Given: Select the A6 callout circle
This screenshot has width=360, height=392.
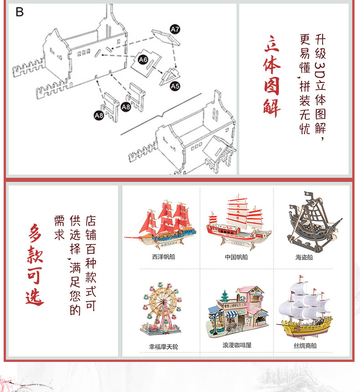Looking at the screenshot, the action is [143, 60].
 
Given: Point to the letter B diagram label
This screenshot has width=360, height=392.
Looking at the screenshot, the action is [19, 12].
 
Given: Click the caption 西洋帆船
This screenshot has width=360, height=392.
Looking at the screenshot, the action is [164, 257].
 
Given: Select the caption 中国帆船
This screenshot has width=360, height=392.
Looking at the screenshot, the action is [236, 257].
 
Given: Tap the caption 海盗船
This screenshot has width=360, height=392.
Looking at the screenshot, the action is [304, 257].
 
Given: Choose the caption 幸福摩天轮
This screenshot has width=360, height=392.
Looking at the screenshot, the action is [163, 347].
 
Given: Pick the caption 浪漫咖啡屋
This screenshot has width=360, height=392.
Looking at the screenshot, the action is [237, 345].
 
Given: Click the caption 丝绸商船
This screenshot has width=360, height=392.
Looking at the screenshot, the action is [305, 346].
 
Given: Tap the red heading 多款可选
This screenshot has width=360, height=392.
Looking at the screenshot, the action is [36, 265].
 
